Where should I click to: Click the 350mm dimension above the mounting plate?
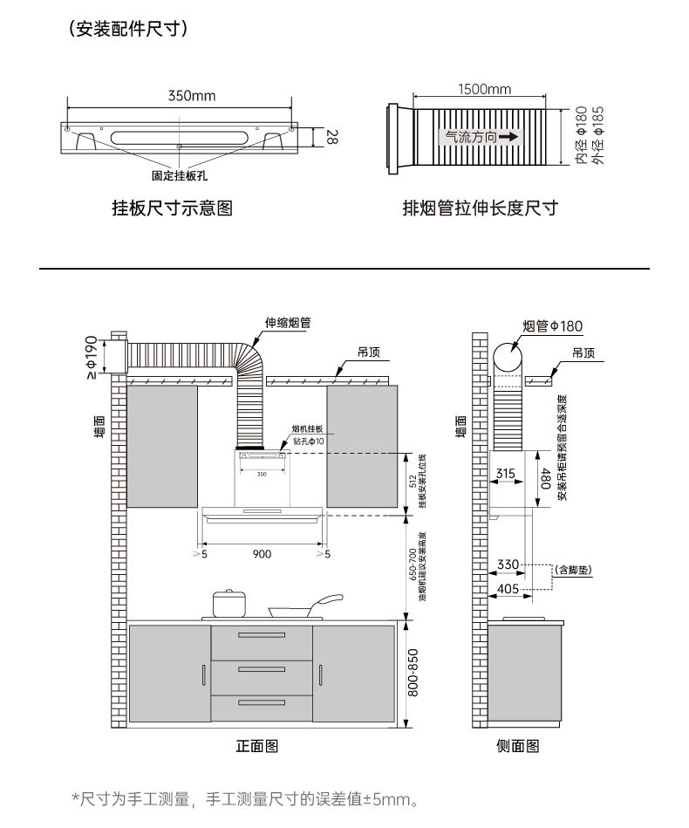[x=191, y=95]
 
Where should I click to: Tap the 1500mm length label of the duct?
[x=484, y=89]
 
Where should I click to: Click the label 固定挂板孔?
[x=179, y=175]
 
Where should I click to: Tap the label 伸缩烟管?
[x=287, y=323]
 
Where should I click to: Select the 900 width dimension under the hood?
[x=262, y=554]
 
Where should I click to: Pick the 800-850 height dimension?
[x=413, y=671]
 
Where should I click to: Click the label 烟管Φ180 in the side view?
[x=552, y=325]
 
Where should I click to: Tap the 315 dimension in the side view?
[x=505, y=473]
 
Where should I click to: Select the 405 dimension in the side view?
[x=508, y=589]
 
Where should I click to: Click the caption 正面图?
[x=256, y=746]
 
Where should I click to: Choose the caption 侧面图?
[x=518, y=746]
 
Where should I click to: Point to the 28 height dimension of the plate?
[x=331, y=137]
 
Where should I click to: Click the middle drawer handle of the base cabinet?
[x=262, y=669]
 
